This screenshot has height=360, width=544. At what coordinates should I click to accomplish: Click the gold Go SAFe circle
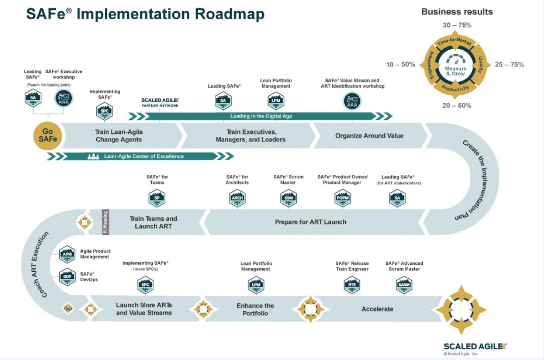tap(47, 136)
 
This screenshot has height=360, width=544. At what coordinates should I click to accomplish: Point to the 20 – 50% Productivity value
tap(457, 106)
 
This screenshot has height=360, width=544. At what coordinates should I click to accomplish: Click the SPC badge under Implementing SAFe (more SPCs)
tap(145, 284)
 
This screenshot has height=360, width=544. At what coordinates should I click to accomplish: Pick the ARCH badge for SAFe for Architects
tap(237, 198)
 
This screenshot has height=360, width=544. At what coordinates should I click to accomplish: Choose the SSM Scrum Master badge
tap(288, 198)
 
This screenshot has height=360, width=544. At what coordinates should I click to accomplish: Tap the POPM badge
tap(342, 198)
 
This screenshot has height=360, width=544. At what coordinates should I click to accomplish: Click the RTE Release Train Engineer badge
tap(352, 284)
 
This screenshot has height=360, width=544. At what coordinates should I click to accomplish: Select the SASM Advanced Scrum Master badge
tap(404, 284)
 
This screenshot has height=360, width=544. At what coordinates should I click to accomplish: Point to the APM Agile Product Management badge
tap(67, 254)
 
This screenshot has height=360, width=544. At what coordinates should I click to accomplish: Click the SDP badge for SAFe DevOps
tap(67, 276)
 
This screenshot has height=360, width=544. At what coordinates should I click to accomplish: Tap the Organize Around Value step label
tap(369, 136)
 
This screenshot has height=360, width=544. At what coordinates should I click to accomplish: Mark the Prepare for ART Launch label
tap(311, 222)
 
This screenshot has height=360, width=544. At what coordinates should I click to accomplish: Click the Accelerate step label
tap(377, 309)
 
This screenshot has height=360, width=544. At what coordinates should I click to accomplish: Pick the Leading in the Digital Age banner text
tap(261, 116)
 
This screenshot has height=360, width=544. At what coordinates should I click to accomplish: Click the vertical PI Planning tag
tap(105, 222)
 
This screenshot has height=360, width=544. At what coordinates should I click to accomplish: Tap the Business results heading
tap(457, 12)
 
